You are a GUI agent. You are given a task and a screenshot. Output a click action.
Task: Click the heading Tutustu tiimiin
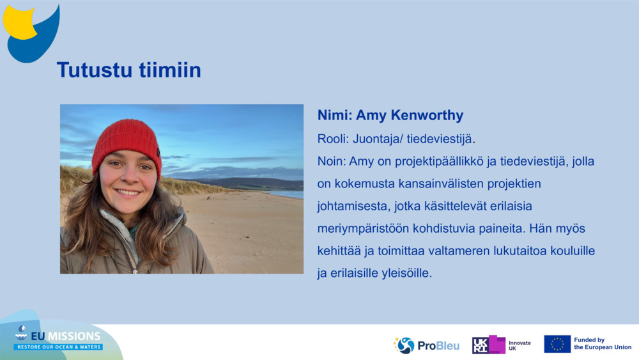coord(128,70)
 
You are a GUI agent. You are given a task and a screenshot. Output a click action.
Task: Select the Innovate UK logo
coord(501,345)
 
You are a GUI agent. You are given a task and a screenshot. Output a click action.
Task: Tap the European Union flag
coord(557,344)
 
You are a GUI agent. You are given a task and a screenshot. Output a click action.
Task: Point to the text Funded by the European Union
coord(602,344)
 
